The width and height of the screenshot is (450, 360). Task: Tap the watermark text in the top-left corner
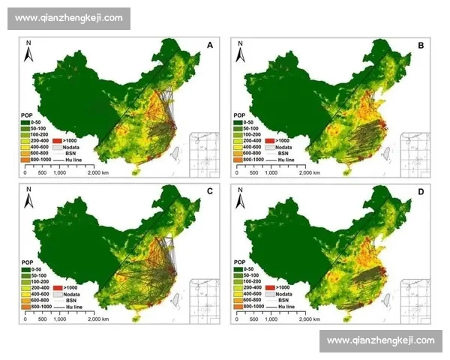(68, 18)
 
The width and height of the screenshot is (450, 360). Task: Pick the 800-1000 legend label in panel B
(250, 160)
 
